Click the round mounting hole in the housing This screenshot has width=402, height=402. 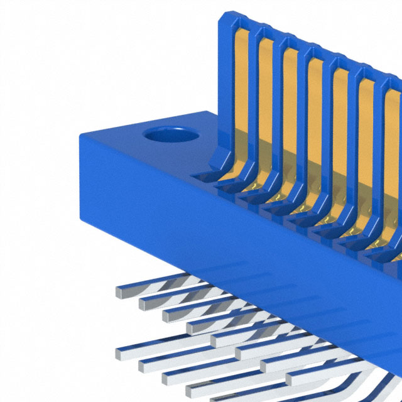tap(166, 135)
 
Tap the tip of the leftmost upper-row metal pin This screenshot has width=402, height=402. tap(119, 291)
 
